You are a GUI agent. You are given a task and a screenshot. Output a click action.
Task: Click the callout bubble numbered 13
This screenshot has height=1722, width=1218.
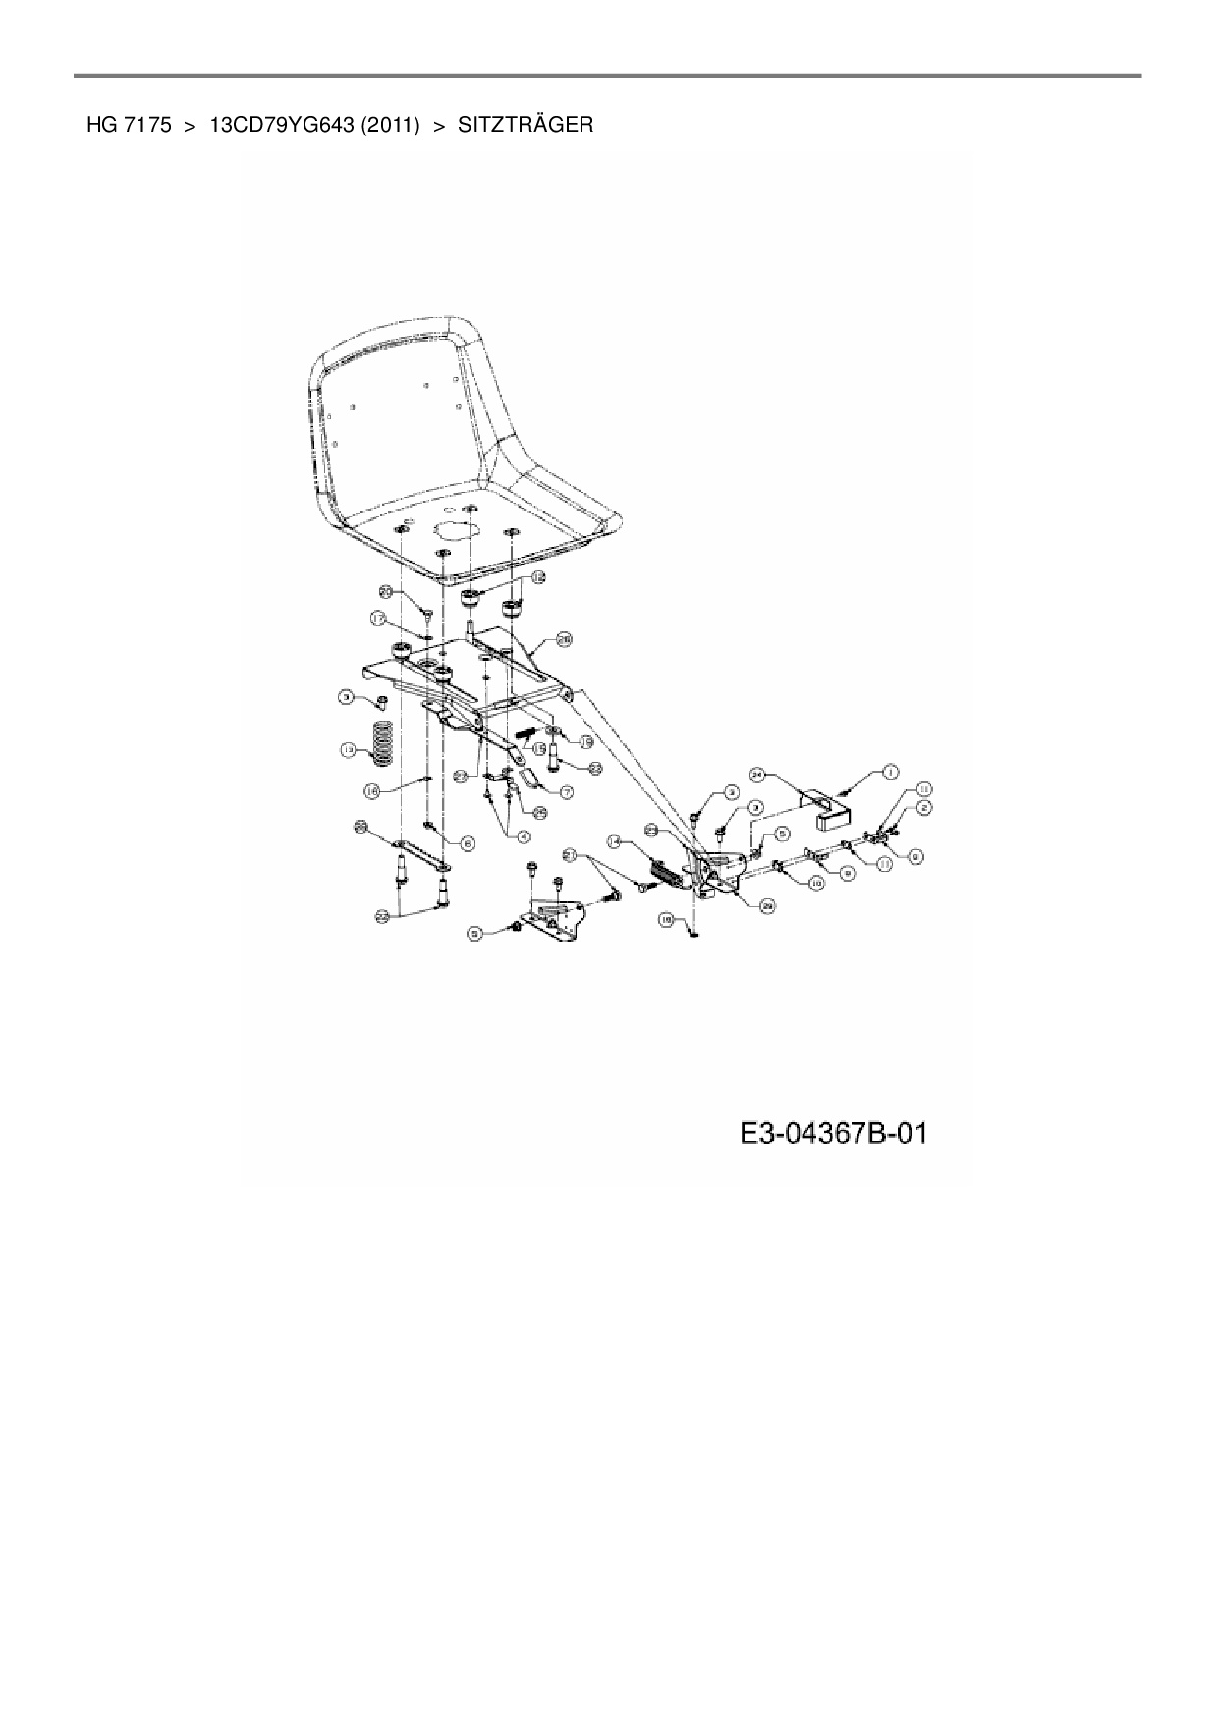tap(347, 749)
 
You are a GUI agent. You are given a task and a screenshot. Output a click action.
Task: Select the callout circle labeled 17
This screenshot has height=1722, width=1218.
tap(377, 618)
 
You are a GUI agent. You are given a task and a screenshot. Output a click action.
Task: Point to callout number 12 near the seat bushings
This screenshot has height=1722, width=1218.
tap(537, 579)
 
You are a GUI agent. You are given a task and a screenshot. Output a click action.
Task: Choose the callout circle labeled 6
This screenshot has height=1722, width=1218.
tap(468, 841)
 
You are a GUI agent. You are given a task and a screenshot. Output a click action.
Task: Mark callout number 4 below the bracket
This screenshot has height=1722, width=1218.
tap(524, 836)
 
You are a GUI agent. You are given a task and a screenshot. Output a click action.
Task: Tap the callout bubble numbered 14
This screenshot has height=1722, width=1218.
tap(614, 841)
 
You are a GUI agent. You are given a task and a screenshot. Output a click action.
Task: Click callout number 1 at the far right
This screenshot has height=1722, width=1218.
tap(889, 772)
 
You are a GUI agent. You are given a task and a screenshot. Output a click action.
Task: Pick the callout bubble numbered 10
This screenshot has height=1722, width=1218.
tap(815, 883)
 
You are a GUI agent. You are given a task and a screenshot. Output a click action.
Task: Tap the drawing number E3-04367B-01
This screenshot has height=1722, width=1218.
tap(833, 1135)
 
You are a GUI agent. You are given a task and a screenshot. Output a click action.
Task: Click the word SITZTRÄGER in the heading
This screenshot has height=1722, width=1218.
tap(526, 125)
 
